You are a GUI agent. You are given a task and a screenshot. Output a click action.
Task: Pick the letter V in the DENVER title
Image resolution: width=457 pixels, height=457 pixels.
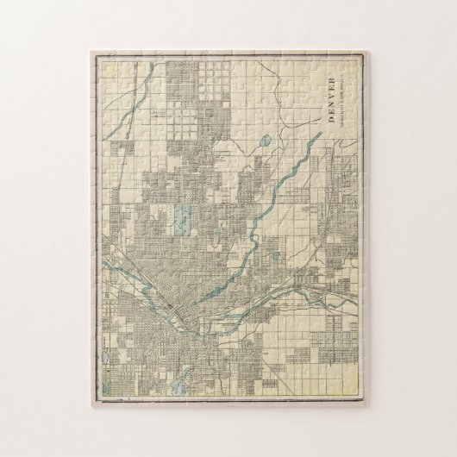pos(335,99)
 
